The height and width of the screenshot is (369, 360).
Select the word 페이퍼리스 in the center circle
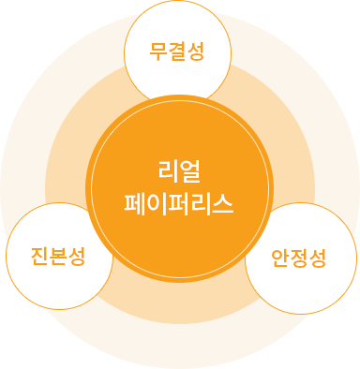point(179,201)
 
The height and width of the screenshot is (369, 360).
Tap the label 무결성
point(177,51)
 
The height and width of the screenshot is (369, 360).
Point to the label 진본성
point(58,256)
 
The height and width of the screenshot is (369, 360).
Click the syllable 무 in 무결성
point(159,51)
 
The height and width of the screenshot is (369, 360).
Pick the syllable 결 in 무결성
point(177,51)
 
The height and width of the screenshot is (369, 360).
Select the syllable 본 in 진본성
point(58,256)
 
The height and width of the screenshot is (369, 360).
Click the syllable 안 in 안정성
point(281,256)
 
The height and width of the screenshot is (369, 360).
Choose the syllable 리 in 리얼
point(168,172)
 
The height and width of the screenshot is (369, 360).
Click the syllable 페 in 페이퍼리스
point(136,201)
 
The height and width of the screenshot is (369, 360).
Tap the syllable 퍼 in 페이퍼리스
point(179,201)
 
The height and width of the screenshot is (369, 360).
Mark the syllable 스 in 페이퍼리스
point(222,201)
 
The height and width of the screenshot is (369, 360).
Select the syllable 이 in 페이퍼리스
point(157,201)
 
